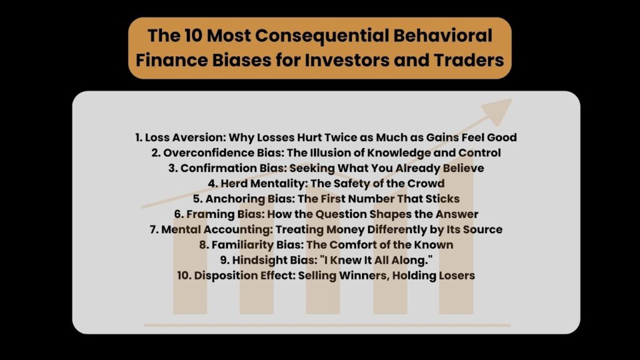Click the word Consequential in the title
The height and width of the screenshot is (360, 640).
321,36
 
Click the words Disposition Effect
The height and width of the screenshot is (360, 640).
244,276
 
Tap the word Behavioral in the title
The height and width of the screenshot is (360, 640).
443,36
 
